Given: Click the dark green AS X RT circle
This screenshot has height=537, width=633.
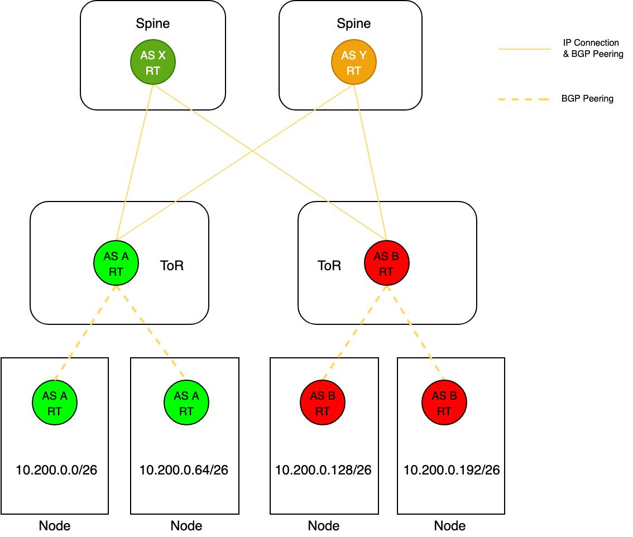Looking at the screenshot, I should pyautogui.click(x=153, y=63).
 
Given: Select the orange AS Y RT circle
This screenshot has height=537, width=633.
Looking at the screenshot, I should pyautogui.click(x=353, y=63).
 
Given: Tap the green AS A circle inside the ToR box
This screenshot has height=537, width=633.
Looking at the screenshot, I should pyautogui.click(x=116, y=263).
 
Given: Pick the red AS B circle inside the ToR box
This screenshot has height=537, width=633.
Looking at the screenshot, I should pyautogui.click(x=386, y=263).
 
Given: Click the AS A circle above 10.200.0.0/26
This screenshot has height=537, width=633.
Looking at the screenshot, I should pyautogui.click(x=55, y=403).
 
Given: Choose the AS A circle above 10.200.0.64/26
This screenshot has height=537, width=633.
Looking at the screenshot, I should pyautogui.click(x=186, y=403).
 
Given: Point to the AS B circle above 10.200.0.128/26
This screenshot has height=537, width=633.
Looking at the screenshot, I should pyautogui.click(x=322, y=403).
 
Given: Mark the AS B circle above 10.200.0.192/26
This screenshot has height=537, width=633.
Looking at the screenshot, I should pyautogui.click(x=444, y=403).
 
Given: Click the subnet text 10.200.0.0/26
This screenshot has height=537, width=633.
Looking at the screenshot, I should pyautogui.click(x=56, y=470).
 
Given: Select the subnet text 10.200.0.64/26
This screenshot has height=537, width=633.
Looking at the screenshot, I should pyautogui.click(x=184, y=470).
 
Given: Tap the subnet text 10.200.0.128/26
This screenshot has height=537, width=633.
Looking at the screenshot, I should pyautogui.click(x=323, y=470).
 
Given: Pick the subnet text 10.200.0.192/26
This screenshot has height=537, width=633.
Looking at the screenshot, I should pyautogui.click(x=452, y=470).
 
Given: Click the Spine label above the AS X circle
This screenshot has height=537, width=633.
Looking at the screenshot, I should pyautogui.click(x=153, y=24).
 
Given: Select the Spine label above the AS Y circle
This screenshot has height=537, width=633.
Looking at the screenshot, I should pyautogui.click(x=353, y=24).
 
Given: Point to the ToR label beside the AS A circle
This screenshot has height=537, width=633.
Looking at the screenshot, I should pyautogui.click(x=172, y=266).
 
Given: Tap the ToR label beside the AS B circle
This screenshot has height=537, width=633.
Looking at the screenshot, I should pyautogui.click(x=329, y=266).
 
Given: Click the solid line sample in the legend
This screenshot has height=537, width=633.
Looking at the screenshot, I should pyautogui.click(x=524, y=49).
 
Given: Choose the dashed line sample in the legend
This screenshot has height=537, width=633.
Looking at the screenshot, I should pyautogui.click(x=524, y=99).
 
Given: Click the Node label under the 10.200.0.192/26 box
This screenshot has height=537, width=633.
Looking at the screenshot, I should pyautogui.click(x=450, y=526).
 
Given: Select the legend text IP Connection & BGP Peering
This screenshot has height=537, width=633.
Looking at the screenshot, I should pyautogui.click(x=592, y=49).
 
